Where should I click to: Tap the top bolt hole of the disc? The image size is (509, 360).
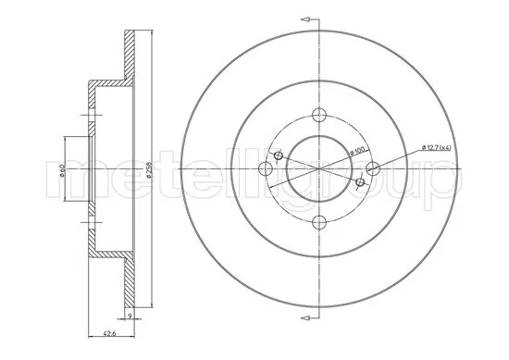(319, 114)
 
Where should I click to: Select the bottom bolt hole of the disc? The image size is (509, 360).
(319, 221)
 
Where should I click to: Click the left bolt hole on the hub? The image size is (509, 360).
(266, 168)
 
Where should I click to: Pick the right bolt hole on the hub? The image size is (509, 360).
(373, 168)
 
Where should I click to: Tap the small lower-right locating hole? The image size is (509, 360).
(359, 181)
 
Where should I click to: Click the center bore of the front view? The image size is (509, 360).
(319, 168)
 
